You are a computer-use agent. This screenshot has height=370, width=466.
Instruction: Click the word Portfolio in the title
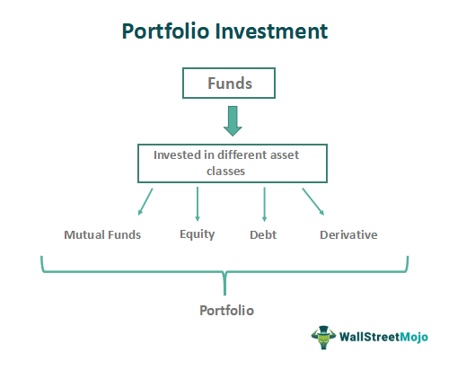coord(164,32)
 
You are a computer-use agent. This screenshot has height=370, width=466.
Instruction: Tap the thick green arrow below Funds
coord(233,119)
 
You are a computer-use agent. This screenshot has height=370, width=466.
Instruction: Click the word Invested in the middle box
coord(180,154)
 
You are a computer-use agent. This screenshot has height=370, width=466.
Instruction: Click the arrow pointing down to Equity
coord(198,204)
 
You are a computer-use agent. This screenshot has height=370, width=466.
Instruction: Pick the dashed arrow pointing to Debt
coord(264,204)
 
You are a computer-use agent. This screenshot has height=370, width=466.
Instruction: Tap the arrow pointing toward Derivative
coord(313,202)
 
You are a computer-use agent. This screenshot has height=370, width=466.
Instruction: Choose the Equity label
coord(198,235)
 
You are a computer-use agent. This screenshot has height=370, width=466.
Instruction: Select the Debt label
coord(263,235)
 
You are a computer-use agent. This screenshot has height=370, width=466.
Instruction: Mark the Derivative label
coord(348,235)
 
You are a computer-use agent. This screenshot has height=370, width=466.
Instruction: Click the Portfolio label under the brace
coord(226,310)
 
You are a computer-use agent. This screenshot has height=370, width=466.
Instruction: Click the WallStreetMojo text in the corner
coord(384,338)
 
